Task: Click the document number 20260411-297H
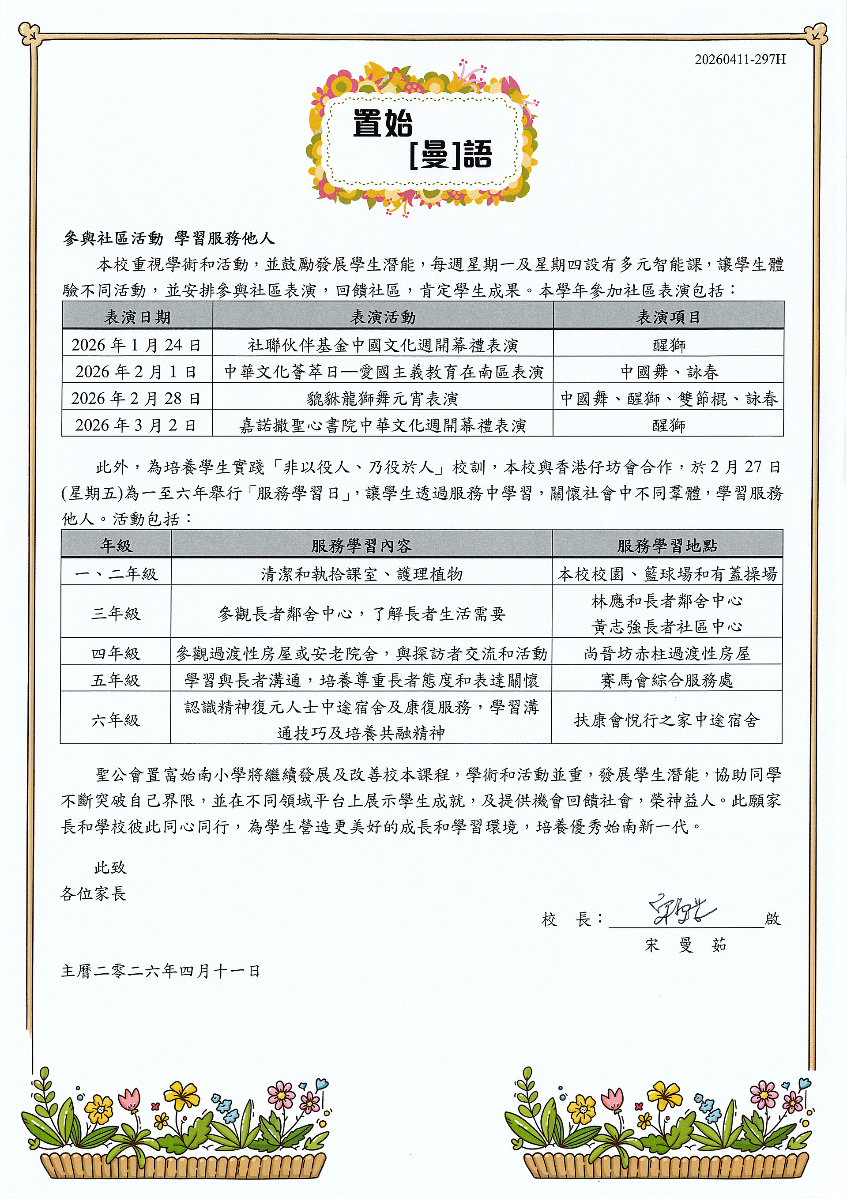coord(739,59)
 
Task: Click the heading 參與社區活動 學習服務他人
coord(169,238)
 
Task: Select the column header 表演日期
coord(137,317)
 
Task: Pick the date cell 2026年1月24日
coord(137,345)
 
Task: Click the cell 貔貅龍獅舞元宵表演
coord(383,399)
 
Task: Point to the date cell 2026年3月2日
coord(137,425)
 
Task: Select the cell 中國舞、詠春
coord(669,372)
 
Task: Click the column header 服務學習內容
coord(361,546)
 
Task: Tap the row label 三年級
coord(115,613)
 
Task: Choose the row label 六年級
coord(115,720)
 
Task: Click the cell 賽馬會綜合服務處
coord(666,680)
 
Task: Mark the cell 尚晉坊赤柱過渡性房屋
coord(666,653)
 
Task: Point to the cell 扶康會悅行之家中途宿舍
coord(666,720)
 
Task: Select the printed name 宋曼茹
coord(685,945)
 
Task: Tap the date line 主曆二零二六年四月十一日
coord(160,971)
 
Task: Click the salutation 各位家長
coord(94,894)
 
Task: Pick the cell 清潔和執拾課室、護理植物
coord(361,574)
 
